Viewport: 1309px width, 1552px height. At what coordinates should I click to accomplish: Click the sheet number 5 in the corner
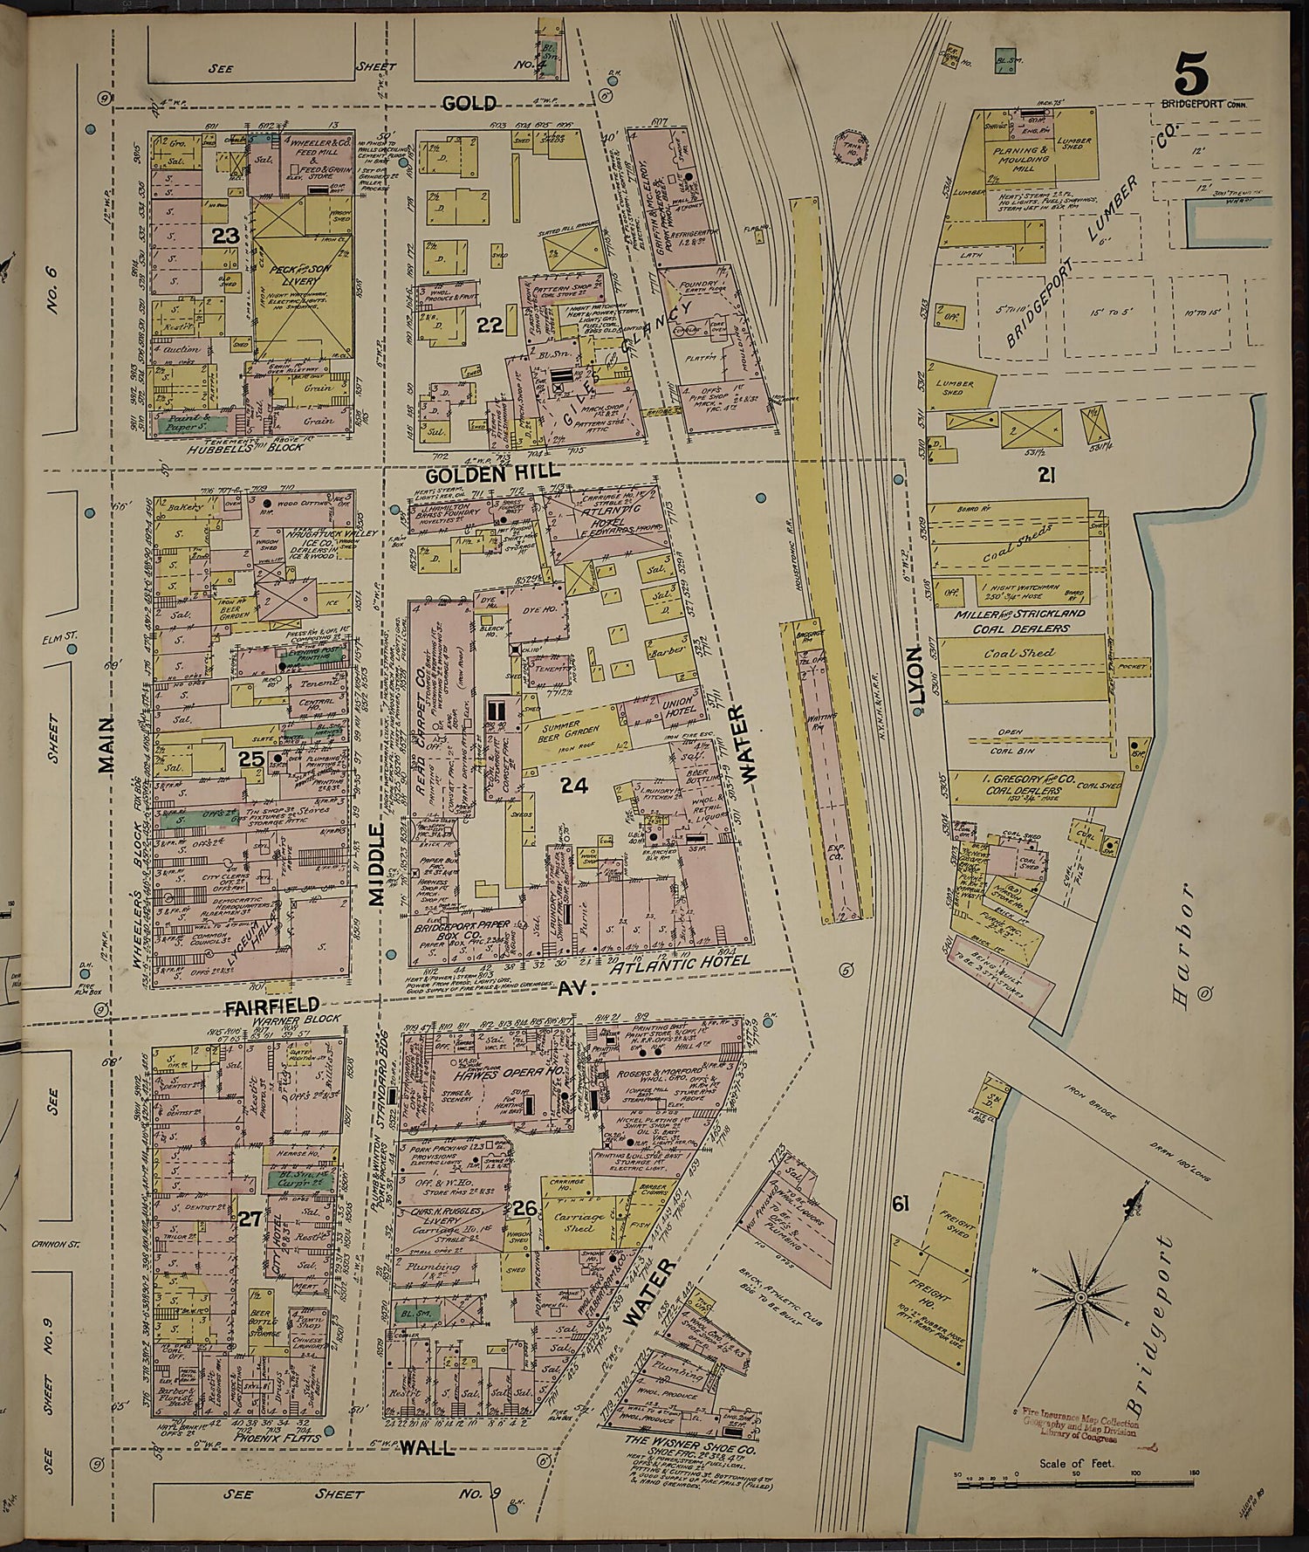(1191, 73)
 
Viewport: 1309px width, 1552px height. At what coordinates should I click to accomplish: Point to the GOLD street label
(469, 104)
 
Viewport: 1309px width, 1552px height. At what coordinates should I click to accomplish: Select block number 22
(490, 325)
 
